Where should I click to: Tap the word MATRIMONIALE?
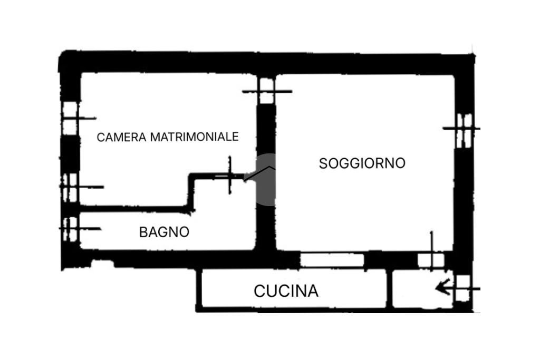(194, 137)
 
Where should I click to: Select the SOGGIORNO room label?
(362, 163)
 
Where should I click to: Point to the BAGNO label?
(165, 232)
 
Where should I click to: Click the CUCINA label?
(286, 291)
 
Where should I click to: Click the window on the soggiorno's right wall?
(464, 130)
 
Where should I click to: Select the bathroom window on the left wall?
(71, 229)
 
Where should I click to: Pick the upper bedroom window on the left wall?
(70, 119)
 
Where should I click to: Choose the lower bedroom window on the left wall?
(70, 188)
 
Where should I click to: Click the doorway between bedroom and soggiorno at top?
(266, 91)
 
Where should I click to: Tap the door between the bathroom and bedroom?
(229, 176)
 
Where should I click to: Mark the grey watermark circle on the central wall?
(266, 179)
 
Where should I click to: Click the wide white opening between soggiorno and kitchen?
(332, 260)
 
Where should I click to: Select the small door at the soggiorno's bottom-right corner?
(430, 260)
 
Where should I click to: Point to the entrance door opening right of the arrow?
(463, 288)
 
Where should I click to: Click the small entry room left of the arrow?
(422, 288)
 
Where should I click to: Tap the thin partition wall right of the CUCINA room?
(390, 288)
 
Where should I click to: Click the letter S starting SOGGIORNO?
(323, 163)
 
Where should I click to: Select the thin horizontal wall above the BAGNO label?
(135, 209)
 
